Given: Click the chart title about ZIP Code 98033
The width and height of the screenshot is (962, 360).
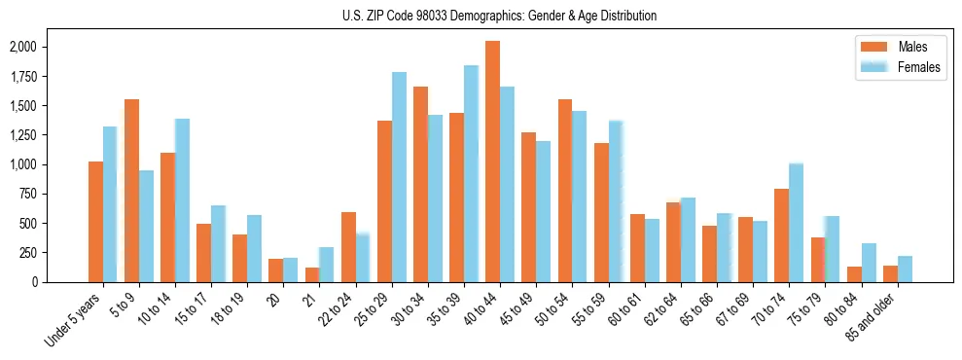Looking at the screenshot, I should (499, 16).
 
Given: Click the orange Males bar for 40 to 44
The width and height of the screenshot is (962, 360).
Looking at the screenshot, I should (492, 162).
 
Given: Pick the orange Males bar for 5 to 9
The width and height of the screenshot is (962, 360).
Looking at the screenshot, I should (131, 191).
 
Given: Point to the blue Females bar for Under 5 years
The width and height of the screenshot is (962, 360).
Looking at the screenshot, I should (110, 204).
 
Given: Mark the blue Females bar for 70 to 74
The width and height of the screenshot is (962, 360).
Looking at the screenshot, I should (796, 223).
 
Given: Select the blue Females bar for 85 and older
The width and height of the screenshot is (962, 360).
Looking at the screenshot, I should (905, 269).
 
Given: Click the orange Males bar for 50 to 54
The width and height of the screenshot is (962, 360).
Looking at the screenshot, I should (565, 191).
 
